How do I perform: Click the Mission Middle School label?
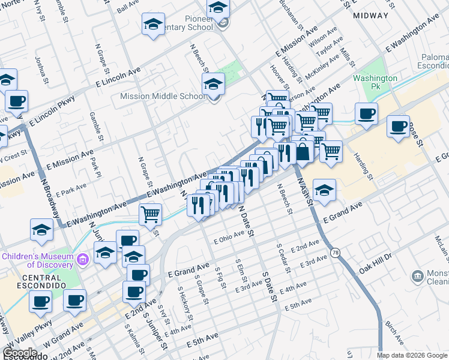pyautogui.click(x=163, y=96)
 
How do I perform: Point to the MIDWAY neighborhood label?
pyautogui.click(x=370, y=16)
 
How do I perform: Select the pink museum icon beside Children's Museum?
pyautogui.click(x=83, y=259)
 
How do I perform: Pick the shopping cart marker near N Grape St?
pyautogui.click(x=150, y=214)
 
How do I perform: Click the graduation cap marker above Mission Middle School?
pyautogui.click(x=213, y=84)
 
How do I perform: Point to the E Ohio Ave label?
pyautogui.click(x=229, y=238)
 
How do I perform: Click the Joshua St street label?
pyautogui.click(x=41, y=67)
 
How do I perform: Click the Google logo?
pyautogui.click(x=20, y=353)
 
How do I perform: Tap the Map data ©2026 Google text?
pyautogui.click(x=412, y=355)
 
